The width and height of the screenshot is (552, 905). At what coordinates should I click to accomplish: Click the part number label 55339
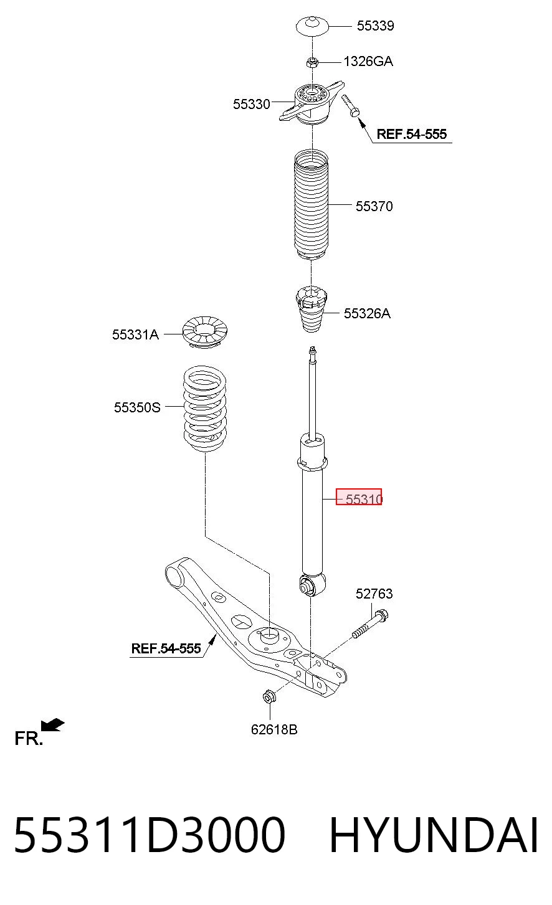[375, 26]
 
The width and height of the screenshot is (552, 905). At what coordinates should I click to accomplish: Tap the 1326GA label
[368, 62]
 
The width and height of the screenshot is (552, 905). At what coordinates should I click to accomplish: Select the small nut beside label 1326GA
[312, 62]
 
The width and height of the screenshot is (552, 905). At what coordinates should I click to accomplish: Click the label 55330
[251, 104]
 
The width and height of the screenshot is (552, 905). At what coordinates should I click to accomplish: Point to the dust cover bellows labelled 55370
[311, 205]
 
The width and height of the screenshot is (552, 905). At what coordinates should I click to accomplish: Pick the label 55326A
[367, 313]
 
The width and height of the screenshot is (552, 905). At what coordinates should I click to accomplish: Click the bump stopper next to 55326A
[311, 309]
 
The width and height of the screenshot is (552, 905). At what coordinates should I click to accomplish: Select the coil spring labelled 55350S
[205, 409]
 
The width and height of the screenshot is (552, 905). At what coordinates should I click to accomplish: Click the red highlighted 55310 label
[359, 496]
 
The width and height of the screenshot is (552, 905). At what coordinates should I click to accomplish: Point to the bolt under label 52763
[369, 624]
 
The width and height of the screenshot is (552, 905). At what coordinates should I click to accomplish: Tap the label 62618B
[274, 729]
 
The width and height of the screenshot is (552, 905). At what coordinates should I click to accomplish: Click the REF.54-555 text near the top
[412, 134]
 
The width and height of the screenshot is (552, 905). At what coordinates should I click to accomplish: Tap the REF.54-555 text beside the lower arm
[166, 648]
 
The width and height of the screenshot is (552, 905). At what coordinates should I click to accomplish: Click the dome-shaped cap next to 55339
[312, 27]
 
